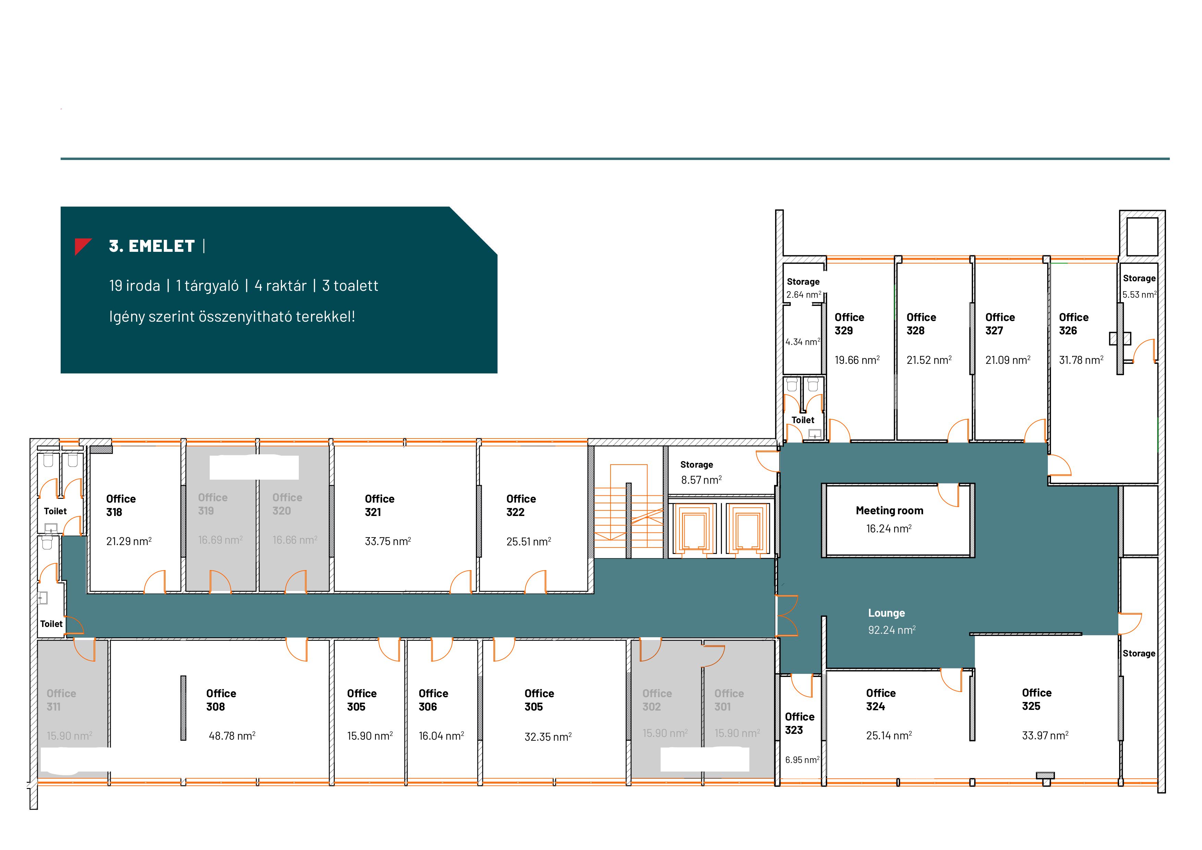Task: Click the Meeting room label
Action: (x=890, y=510)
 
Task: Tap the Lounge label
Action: (x=886, y=613)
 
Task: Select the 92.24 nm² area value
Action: (x=892, y=630)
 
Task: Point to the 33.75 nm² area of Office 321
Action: (x=388, y=541)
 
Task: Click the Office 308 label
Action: (x=221, y=700)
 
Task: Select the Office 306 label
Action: (x=433, y=700)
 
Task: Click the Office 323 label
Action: (x=799, y=723)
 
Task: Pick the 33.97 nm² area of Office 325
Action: (x=1045, y=735)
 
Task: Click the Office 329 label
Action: (x=849, y=323)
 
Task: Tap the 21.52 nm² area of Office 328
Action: (x=929, y=360)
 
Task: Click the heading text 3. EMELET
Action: (x=152, y=246)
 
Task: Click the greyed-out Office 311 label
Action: (x=61, y=700)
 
